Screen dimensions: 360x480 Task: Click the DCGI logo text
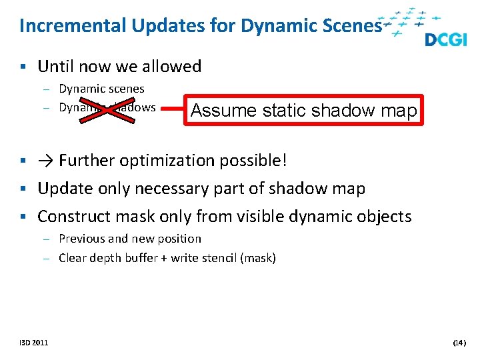coord(445,39)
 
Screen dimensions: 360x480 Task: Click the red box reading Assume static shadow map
coord(304,110)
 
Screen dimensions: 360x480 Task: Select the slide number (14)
coord(459,343)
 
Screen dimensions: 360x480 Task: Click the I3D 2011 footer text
coord(33,343)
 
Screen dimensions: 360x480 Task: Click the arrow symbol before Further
coord(46,161)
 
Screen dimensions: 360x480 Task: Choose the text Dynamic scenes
coord(101,89)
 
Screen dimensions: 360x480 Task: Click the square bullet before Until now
coord(23,67)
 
